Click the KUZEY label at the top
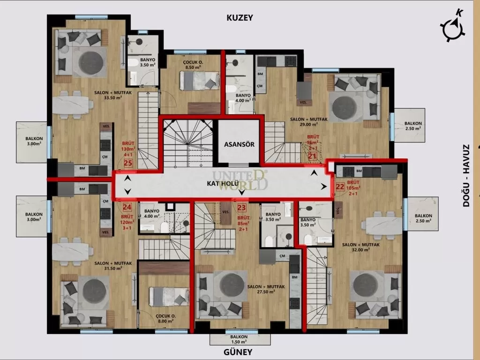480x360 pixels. (x=240, y=18)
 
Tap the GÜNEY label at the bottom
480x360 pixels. (x=240, y=352)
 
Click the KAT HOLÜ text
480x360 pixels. (x=223, y=184)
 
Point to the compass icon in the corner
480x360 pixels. (x=453, y=27)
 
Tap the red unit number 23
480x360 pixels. (x=242, y=208)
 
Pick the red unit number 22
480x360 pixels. (x=340, y=187)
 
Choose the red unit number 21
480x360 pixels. (x=313, y=156)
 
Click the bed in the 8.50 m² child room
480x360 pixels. (x=201, y=81)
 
